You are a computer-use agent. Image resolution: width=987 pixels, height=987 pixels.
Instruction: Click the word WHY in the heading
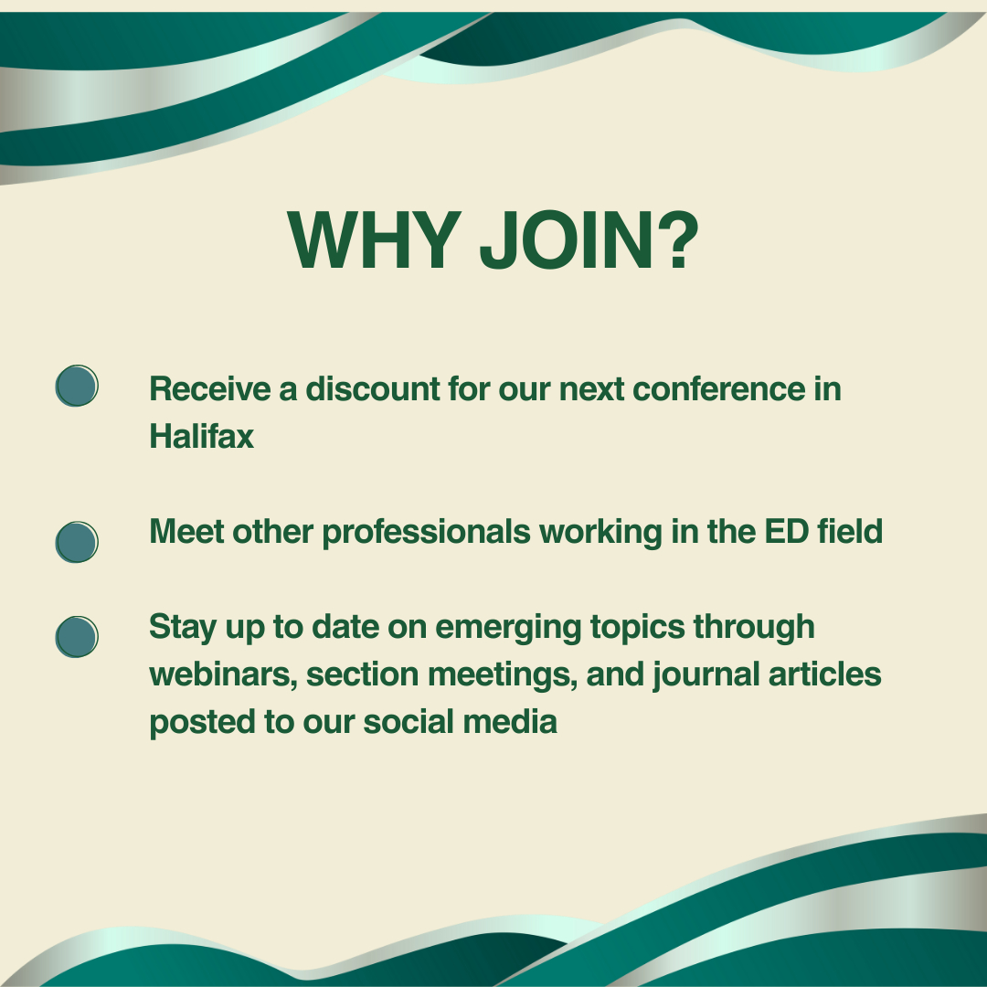[x=375, y=239]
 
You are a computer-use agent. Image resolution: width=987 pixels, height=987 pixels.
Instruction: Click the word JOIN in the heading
[x=567, y=240]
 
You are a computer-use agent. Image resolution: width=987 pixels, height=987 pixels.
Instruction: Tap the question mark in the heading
[x=678, y=239]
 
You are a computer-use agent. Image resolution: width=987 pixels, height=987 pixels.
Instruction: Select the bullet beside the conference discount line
[x=77, y=386]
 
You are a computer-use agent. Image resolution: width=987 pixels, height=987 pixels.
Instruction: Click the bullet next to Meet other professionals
[x=77, y=542]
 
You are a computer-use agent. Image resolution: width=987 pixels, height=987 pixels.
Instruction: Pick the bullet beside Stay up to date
[x=77, y=636]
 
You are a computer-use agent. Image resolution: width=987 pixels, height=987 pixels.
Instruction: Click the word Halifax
[x=201, y=436]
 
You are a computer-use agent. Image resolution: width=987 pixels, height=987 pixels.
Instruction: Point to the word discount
[x=373, y=388]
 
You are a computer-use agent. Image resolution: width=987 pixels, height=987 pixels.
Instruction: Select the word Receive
[x=210, y=388]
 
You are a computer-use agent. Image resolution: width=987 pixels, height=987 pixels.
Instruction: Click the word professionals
[x=427, y=533]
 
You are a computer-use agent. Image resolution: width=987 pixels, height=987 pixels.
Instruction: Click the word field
[x=850, y=531]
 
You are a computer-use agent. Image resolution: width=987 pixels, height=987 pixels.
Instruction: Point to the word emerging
[x=508, y=628]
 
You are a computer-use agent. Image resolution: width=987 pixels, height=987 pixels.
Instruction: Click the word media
[x=510, y=721]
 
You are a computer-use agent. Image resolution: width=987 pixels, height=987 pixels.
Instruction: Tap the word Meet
[x=186, y=531]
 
